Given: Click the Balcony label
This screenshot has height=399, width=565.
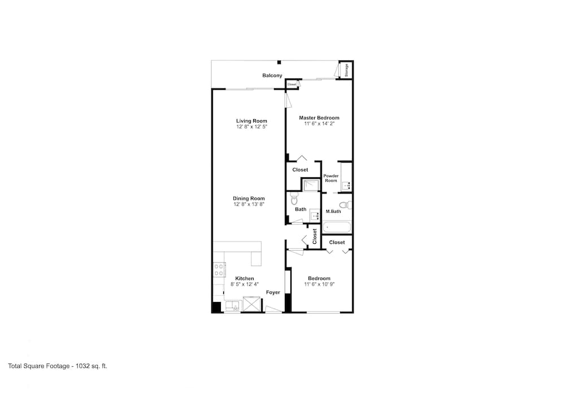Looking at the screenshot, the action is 272,76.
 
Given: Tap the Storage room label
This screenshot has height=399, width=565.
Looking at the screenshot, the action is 347,70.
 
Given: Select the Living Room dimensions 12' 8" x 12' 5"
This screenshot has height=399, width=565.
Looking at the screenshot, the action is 251,127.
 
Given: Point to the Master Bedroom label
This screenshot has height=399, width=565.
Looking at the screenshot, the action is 319,117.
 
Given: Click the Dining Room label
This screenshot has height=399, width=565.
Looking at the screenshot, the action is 249,198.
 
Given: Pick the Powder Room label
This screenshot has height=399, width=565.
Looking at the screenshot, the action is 331,178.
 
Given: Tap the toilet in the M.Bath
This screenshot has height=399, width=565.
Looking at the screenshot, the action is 346,205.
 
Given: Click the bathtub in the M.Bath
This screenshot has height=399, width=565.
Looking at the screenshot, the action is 337,227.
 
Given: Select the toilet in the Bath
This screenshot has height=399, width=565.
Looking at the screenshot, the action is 294,198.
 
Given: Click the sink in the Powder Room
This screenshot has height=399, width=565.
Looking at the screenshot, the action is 346,186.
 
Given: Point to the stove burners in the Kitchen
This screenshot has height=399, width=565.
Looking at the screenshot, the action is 219,270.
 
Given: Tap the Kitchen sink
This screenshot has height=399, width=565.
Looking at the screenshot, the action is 232,306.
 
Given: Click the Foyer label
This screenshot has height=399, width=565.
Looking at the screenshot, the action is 273,292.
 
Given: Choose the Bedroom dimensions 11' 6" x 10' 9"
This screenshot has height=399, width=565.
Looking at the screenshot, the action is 319,284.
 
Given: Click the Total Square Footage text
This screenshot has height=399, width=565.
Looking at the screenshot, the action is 58,366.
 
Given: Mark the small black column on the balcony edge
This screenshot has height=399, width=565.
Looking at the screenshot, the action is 279,62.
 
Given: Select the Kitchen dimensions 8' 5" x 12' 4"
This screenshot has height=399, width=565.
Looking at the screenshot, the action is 245,284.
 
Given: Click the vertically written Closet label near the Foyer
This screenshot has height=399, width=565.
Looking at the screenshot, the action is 315,236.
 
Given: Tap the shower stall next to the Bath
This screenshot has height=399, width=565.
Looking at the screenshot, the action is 311,185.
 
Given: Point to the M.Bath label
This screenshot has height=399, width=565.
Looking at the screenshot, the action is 333,212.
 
